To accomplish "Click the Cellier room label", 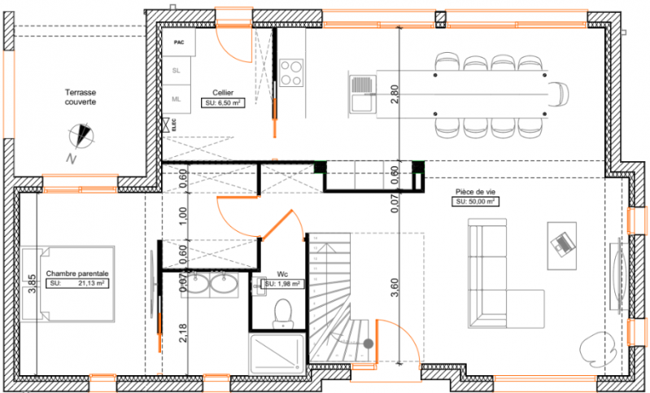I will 225,93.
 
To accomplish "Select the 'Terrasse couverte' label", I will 81,98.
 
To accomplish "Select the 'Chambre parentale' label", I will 78,274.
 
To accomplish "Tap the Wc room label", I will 282,274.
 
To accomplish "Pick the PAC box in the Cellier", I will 178,41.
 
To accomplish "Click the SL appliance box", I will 177,70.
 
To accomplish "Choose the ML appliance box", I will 177,98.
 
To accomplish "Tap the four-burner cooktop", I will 291,72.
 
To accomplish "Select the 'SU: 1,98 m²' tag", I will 282,284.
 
